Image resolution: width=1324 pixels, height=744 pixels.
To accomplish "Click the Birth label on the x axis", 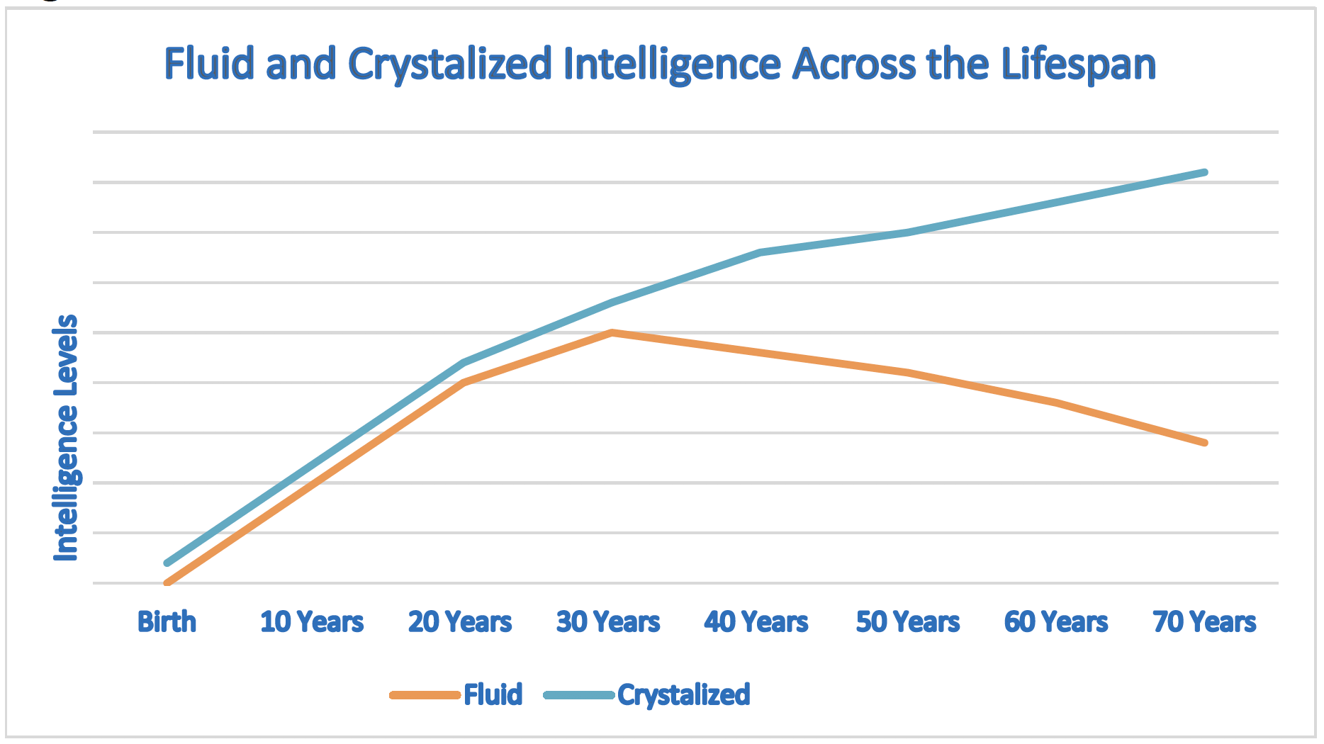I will pos(167,622).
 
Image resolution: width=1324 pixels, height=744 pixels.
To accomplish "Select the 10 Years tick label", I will pos(312,622).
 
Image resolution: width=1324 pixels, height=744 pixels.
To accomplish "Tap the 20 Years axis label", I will pos(460,622).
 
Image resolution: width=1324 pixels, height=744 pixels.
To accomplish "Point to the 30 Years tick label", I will pos(608,622).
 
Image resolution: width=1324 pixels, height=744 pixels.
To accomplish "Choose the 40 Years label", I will pos(756,622).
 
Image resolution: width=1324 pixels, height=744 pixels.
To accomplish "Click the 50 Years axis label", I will pos(908,622).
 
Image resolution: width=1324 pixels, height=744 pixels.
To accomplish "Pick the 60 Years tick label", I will pos(1056,622).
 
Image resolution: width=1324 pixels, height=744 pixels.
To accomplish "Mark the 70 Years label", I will pos(1204,622).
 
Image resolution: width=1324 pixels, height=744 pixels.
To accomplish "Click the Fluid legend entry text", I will pos(493,694).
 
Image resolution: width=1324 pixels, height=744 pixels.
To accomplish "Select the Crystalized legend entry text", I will pos(683,694).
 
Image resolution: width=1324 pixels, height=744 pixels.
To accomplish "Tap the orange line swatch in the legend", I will pos(425,695).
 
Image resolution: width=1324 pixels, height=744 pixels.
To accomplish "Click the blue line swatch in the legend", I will pos(579,695).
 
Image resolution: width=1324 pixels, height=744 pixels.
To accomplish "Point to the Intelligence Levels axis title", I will pos(66,438).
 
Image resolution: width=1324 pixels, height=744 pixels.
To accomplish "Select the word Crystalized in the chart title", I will pos(450,64).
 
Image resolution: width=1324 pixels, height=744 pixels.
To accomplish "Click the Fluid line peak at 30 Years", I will pos(611,332).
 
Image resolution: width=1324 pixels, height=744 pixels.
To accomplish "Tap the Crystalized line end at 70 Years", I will pos(1204,173).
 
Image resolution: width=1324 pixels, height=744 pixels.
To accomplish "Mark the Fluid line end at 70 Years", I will pos(1204,443).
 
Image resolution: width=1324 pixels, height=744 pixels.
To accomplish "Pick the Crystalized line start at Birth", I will pos(167,563).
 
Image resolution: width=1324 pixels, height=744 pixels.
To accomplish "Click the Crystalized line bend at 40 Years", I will pos(759,252).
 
